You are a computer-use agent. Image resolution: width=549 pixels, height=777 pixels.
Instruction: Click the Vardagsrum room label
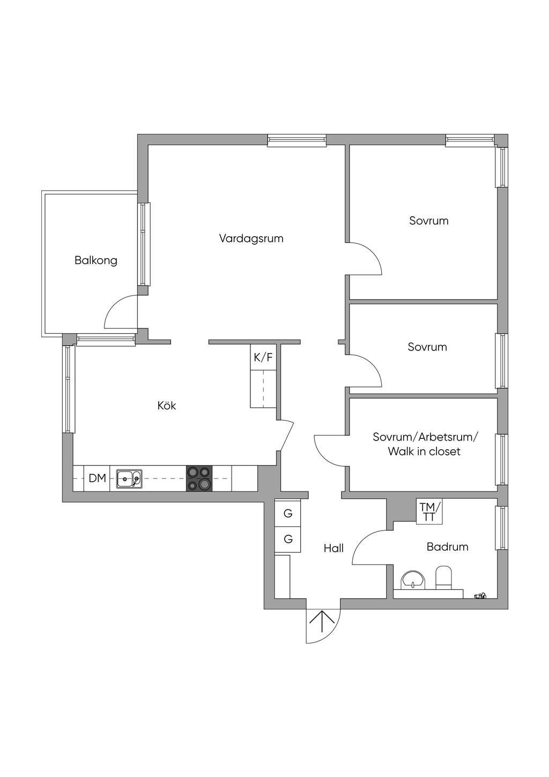(251, 238)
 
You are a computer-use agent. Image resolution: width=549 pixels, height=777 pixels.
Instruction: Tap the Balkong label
(96, 261)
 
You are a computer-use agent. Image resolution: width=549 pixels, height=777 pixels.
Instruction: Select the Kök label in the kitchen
(167, 406)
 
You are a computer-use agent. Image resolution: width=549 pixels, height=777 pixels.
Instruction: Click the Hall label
(333, 548)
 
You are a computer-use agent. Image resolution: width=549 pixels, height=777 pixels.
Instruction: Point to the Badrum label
(447, 547)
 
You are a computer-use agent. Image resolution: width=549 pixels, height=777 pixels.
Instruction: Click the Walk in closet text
(424, 451)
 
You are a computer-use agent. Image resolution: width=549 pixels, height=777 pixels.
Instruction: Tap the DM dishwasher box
(97, 478)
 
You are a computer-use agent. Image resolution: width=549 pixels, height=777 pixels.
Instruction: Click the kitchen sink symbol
(129, 478)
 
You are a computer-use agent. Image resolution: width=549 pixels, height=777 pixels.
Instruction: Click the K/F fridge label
(263, 357)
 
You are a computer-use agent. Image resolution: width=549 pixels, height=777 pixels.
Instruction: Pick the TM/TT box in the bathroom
(429, 511)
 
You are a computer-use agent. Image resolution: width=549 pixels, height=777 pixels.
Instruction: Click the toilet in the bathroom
(443, 578)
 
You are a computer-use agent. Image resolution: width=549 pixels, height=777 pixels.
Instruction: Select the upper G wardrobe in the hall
(288, 514)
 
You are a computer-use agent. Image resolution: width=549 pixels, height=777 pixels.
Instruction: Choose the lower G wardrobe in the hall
(288, 539)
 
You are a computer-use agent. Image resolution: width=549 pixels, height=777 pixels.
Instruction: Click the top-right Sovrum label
(428, 221)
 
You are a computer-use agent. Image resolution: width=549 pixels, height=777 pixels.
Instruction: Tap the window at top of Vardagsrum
(297, 140)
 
